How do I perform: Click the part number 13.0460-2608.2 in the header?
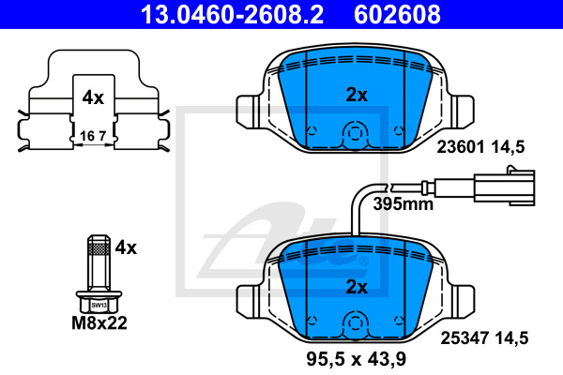click(x=233, y=14)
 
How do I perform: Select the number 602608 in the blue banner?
click(x=397, y=14)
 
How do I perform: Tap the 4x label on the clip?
click(x=93, y=97)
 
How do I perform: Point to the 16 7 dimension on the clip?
click(x=93, y=136)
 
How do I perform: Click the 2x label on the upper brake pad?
click(x=357, y=95)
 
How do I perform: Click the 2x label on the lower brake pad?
click(x=357, y=287)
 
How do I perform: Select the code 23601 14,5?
click(x=480, y=147)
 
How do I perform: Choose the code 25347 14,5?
click(x=484, y=338)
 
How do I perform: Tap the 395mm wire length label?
click(x=403, y=203)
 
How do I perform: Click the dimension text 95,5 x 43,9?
click(x=357, y=358)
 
